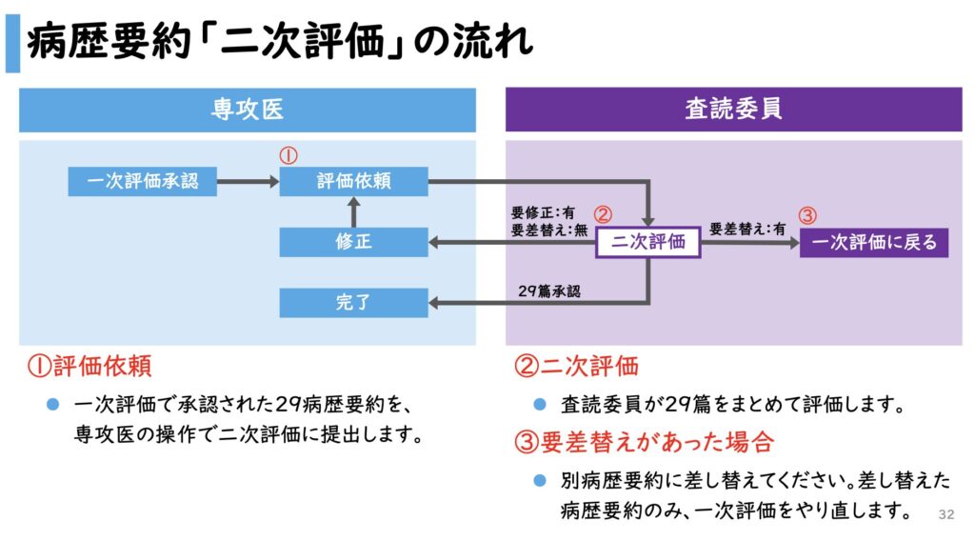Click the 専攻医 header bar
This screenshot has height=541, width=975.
click(247, 110)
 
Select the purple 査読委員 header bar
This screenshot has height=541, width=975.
click(733, 110)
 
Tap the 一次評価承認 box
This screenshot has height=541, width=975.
click(143, 181)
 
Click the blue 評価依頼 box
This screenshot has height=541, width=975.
click(353, 181)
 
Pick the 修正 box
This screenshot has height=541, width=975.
click(353, 242)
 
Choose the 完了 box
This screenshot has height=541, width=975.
click(353, 303)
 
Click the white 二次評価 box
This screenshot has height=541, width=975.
click(648, 242)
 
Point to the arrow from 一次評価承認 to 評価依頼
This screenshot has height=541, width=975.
click(248, 181)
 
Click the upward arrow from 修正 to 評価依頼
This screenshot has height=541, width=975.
click(353, 211)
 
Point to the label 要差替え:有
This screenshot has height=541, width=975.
click(746, 229)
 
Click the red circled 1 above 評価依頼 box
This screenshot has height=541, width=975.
click(289, 154)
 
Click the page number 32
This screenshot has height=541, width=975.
click(945, 514)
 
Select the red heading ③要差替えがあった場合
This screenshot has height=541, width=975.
click(644, 442)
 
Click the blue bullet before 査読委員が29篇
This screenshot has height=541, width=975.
click(540, 404)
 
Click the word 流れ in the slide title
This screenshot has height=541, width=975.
click(496, 43)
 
